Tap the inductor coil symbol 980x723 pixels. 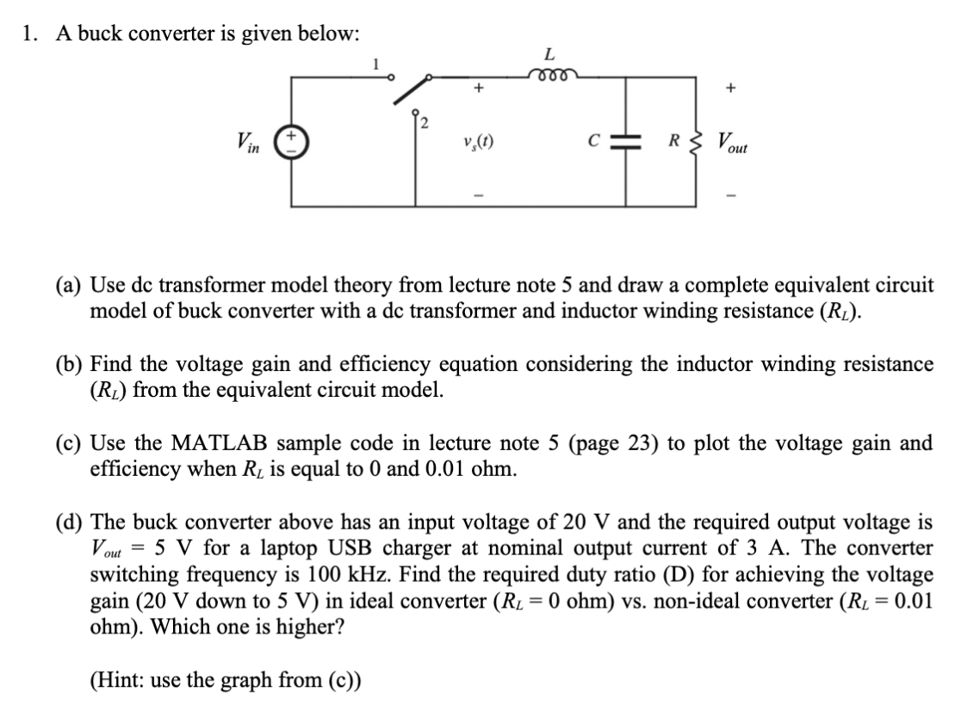coord(552,75)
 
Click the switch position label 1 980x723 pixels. coord(374,63)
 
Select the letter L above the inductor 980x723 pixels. coord(552,54)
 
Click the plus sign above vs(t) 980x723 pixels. coord(477,88)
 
